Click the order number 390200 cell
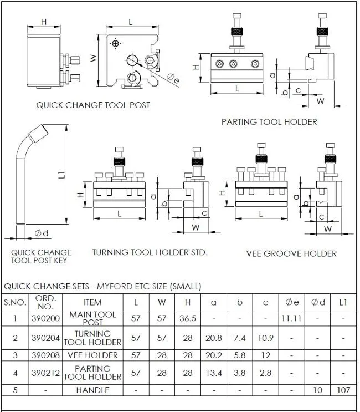pyautogui.click(x=45, y=318)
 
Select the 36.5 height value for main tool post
pyautogui.click(x=188, y=318)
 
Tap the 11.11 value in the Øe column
pyautogui.click(x=291, y=318)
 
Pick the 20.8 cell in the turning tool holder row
pyautogui.click(x=214, y=338)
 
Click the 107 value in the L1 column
pyautogui.click(x=343, y=390)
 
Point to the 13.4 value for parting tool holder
pyautogui.click(x=214, y=373)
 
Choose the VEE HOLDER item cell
pyautogui.click(x=92, y=355)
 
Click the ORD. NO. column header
pyautogui.click(x=45, y=302)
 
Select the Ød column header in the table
pyautogui.click(x=318, y=302)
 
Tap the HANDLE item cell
pyautogui.click(x=92, y=390)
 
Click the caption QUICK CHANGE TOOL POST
pyautogui.click(x=93, y=105)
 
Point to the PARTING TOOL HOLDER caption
pyautogui.click(x=269, y=122)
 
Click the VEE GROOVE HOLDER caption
pyautogui.click(x=291, y=253)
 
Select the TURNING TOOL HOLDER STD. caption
pyautogui.click(x=150, y=252)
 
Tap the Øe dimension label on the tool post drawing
pyautogui.click(x=173, y=78)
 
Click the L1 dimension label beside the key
pyautogui.click(x=61, y=175)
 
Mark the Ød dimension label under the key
pyautogui.click(x=42, y=233)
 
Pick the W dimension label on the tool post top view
pyautogui.click(x=93, y=58)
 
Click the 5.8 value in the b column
pyautogui.click(x=240, y=355)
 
